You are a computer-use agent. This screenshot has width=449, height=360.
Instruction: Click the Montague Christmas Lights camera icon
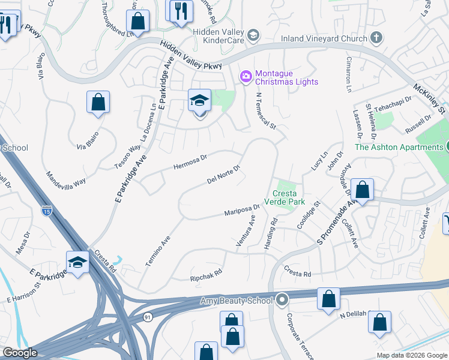pos(246,76)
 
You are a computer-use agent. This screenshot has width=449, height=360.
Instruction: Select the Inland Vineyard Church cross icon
pos(376,39)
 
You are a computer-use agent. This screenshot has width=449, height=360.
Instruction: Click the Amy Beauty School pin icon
pos(282,299)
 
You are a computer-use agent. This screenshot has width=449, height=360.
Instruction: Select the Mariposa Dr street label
pos(241,211)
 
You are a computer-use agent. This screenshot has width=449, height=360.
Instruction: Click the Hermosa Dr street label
pos(190,161)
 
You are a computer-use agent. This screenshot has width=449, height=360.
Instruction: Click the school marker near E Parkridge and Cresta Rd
pos(77,262)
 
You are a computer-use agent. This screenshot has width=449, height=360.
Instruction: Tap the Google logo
pos(20,353)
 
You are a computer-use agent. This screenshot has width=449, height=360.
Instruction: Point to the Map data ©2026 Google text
pos(411,355)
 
